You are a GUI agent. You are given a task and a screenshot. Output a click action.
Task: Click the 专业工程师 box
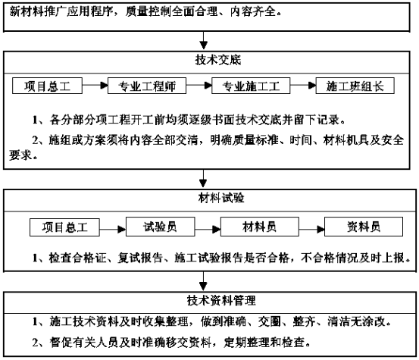[147, 86]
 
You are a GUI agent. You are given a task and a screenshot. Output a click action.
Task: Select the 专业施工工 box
[251, 86]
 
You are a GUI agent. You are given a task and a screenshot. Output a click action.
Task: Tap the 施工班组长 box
[355, 86]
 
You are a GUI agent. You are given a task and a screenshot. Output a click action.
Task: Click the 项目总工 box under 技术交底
[47, 86]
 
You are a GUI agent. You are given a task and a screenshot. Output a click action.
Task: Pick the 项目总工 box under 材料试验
[64, 227]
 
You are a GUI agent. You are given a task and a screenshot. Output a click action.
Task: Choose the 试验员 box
[160, 227]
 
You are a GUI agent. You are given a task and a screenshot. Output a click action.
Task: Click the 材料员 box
[259, 227]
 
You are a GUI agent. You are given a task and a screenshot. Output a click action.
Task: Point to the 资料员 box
[364, 227]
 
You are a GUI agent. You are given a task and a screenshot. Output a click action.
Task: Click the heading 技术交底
[218, 60]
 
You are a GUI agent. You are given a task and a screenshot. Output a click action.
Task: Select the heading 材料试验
[221, 198]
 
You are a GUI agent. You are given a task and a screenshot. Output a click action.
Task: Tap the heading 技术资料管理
[221, 300]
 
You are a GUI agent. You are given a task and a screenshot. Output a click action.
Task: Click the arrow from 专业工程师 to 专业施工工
[199, 86]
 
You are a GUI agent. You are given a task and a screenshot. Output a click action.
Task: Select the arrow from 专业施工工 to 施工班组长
[303, 86]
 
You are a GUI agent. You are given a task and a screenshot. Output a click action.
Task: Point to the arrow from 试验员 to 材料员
[208, 230]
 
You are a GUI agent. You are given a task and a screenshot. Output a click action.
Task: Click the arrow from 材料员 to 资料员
[311, 230]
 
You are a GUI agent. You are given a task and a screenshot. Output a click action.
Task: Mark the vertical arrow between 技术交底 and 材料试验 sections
[203, 178]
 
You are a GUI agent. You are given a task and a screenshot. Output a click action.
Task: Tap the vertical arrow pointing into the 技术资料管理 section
[203, 281]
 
